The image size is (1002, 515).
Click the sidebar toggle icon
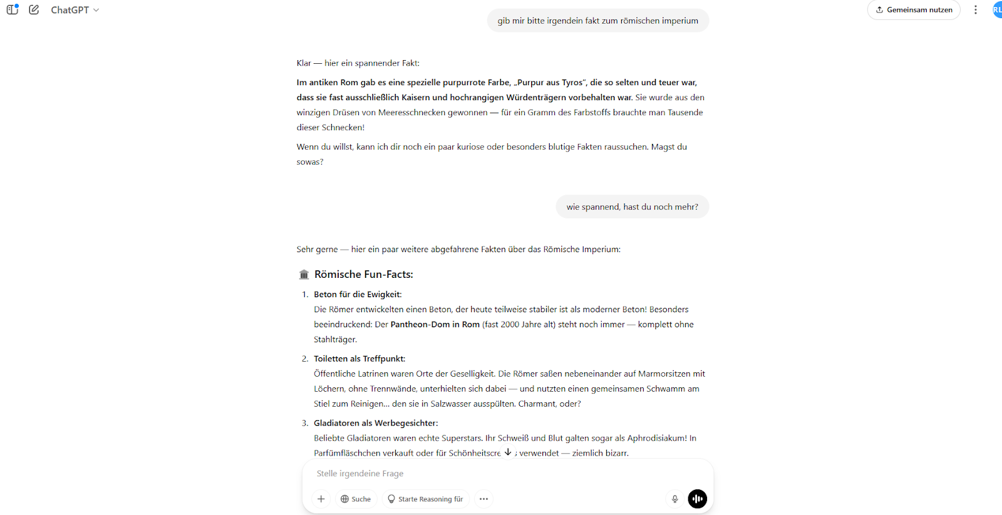13,9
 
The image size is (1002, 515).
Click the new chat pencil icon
34,9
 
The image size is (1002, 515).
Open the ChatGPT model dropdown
75,10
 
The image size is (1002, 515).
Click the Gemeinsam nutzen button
914,10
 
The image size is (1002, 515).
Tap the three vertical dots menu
975,10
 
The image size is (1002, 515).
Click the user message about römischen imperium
597,21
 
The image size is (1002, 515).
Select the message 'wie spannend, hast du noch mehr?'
632,207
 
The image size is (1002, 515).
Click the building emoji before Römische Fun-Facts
304,275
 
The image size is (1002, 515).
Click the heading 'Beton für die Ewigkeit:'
358,295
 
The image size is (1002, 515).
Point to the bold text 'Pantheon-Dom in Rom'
435,325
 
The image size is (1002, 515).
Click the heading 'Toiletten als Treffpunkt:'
359,359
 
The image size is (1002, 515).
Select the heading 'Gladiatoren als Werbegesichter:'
376,424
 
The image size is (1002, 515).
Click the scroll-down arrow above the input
508,452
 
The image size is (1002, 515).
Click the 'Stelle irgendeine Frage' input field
488,474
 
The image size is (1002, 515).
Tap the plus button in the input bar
321,499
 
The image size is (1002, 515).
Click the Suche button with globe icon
356,499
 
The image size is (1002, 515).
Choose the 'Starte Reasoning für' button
425,499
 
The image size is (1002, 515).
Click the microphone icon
674,499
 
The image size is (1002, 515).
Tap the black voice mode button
697,499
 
